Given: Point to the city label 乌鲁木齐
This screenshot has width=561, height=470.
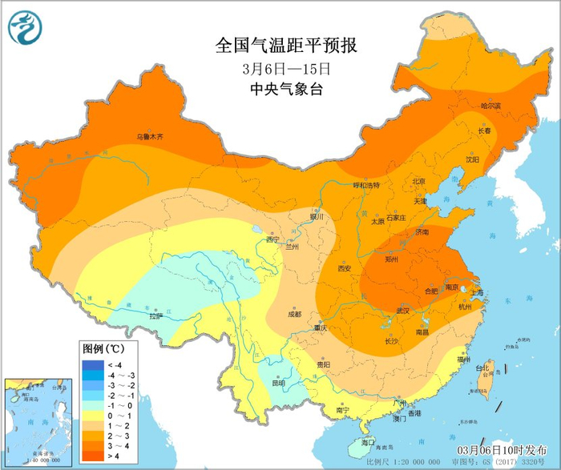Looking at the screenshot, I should tap(149, 137).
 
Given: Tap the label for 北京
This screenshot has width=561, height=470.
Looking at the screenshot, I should tap(418, 182).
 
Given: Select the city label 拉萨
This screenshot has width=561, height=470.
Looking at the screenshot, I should tap(155, 316).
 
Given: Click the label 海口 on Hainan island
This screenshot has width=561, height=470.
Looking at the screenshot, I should tap(368, 443).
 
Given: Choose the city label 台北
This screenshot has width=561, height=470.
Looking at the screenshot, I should tap(482, 369).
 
